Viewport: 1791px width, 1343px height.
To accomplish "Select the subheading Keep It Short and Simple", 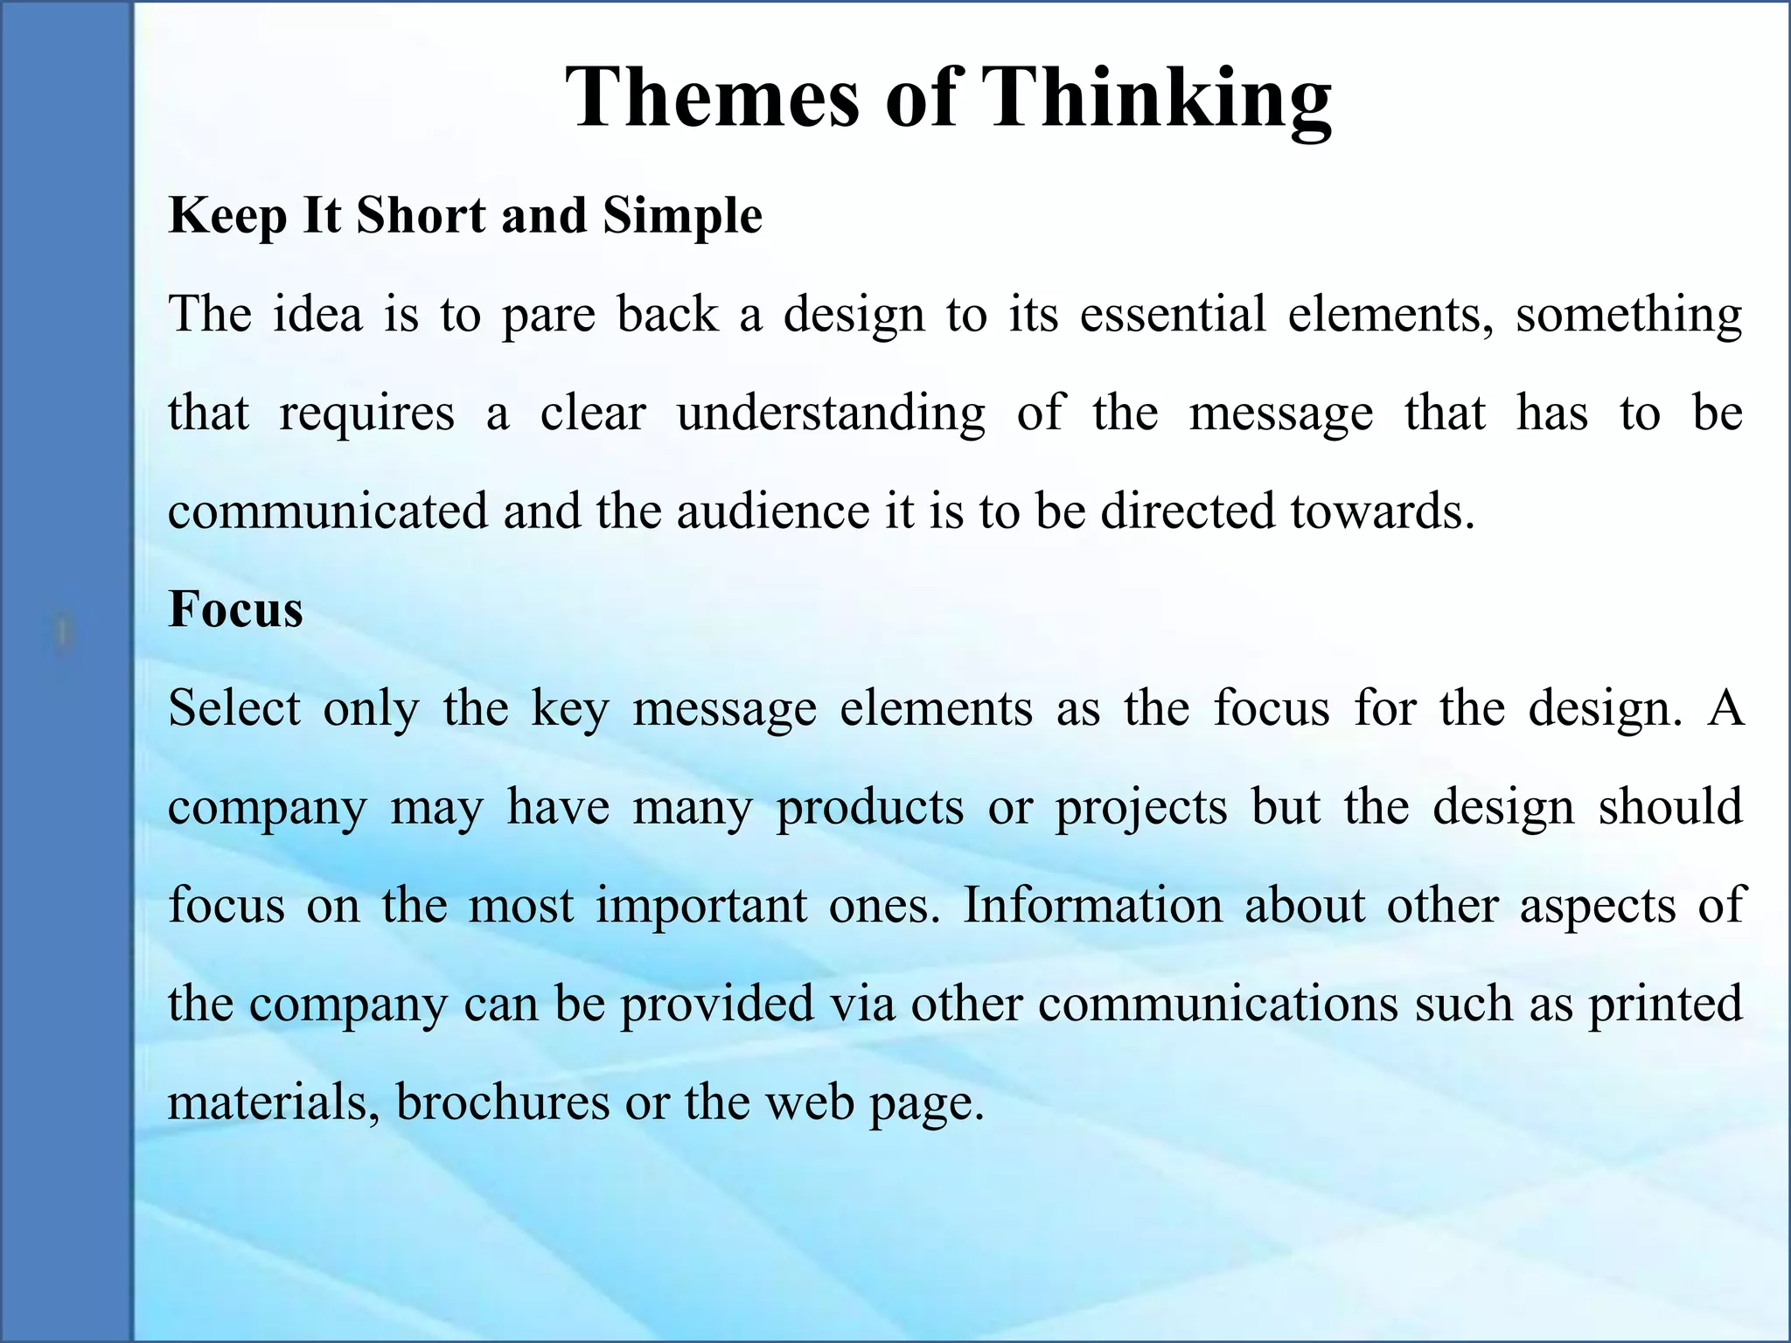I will point(464,215).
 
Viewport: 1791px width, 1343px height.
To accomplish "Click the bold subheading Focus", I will point(235,609).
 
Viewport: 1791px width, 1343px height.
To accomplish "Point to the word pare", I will point(547,315).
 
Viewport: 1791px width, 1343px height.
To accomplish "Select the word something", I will point(1628,315).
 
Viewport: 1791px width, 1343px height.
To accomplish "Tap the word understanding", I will point(830,414).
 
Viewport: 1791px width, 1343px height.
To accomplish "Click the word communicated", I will point(328,511).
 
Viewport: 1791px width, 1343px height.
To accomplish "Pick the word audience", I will point(772,511).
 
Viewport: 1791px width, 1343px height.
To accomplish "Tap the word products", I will point(869,807).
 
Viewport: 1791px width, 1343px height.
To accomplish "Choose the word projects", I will point(1140,807).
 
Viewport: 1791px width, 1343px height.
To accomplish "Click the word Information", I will point(1092,905).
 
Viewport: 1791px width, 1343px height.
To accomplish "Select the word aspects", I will point(1597,907).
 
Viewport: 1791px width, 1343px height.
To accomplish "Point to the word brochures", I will point(502,1102).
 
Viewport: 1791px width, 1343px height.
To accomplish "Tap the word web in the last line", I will point(809,1102).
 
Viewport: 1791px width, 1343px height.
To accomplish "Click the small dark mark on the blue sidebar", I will point(62,631).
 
